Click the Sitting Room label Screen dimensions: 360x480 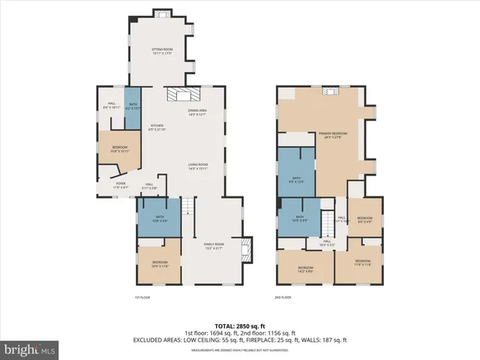(163, 51)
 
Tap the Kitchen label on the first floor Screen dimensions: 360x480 (157, 127)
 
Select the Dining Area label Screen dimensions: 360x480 (197, 112)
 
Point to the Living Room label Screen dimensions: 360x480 (197, 166)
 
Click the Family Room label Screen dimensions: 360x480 (214, 246)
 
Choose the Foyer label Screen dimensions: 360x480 (120, 185)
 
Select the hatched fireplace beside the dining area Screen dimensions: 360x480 (180, 94)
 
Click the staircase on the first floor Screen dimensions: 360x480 (190, 217)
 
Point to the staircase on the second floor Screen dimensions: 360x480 (328, 222)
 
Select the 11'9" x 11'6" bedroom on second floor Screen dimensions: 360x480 (362, 264)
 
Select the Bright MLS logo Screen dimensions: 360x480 (30, 349)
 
